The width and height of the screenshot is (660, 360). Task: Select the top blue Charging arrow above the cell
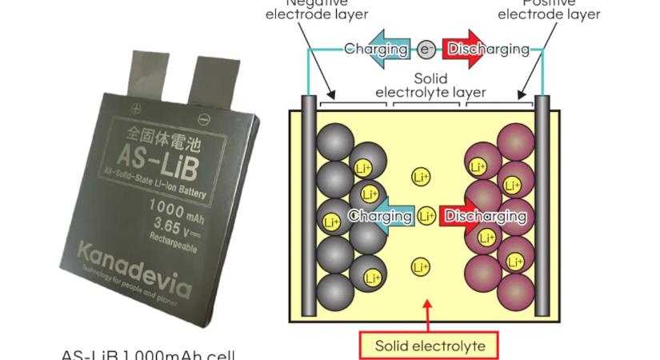point(376,50)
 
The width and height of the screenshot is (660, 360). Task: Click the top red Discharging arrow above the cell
point(477,50)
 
